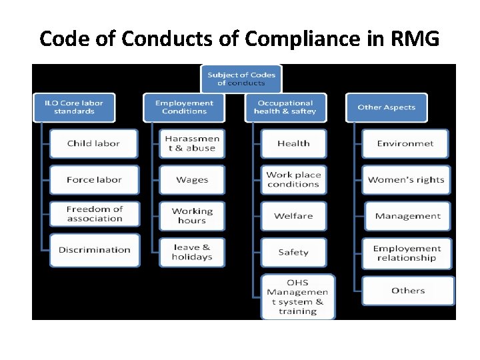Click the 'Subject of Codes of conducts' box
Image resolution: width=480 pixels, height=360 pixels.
(x=241, y=79)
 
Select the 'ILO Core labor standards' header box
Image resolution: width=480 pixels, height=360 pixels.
(x=74, y=107)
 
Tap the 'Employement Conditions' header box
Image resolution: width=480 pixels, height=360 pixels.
(x=184, y=107)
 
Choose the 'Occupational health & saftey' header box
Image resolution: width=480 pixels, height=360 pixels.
(x=285, y=107)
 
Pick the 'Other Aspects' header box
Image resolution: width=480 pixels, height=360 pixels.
(x=386, y=107)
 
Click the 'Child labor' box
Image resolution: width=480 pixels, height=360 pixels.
(x=94, y=143)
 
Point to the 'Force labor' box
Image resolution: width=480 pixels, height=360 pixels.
(x=94, y=180)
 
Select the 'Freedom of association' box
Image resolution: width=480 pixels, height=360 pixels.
(x=94, y=214)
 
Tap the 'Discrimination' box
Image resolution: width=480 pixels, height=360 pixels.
(x=94, y=250)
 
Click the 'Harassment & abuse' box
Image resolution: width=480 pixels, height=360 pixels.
(x=192, y=143)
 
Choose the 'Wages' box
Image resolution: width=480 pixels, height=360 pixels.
(x=192, y=180)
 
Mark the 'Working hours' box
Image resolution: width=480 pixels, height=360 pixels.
(x=192, y=216)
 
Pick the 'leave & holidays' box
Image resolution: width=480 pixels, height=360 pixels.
(x=192, y=252)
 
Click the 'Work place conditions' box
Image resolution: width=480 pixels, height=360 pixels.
(x=293, y=180)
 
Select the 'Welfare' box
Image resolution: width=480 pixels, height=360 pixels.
(x=293, y=216)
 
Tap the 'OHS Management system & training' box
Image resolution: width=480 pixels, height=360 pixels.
(x=297, y=296)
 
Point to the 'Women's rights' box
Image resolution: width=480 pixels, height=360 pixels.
(x=406, y=180)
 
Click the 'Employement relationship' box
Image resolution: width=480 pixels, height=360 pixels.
(x=407, y=253)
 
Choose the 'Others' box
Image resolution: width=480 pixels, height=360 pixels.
(x=408, y=291)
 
